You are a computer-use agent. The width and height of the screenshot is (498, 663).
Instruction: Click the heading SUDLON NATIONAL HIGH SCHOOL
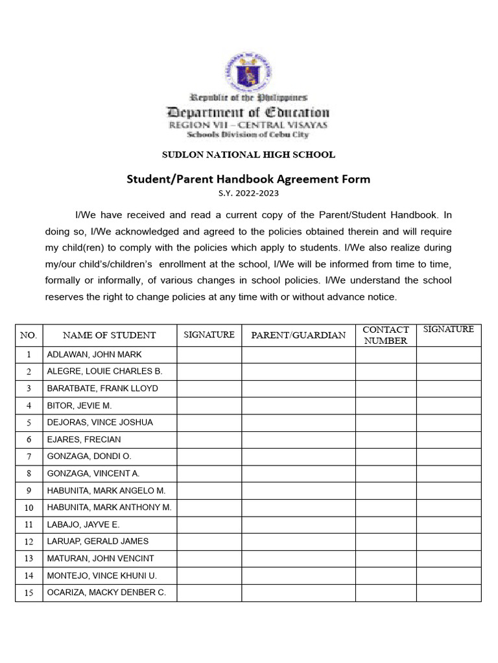point(248,155)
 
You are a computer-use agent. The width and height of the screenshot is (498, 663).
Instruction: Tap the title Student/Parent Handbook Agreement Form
point(248,179)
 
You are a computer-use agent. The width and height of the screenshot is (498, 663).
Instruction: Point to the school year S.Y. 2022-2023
point(248,193)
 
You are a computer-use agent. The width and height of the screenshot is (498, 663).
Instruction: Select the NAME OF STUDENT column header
point(109,335)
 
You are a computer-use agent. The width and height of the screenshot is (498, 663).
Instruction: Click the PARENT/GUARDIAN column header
point(298,335)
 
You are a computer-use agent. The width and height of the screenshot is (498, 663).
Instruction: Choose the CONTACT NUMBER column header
point(385,335)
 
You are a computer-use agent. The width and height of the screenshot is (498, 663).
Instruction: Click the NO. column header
point(29,335)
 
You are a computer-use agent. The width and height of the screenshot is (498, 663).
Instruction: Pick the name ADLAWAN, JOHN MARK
point(94,355)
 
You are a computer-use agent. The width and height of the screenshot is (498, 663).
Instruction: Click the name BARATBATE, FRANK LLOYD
point(102,388)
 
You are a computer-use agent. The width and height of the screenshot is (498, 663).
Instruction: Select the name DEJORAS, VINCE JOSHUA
point(100,422)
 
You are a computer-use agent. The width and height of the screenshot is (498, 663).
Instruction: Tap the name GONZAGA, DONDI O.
point(89,456)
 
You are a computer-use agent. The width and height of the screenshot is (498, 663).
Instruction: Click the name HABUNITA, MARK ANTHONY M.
point(109,508)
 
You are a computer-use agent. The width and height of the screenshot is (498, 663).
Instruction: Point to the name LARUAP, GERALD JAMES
point(98,541)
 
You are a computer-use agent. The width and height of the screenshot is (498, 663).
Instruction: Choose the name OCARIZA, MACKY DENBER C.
point(106,592)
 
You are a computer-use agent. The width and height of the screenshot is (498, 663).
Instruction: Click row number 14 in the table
point(29,576)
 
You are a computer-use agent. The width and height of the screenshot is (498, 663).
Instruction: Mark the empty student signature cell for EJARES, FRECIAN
point(209,440)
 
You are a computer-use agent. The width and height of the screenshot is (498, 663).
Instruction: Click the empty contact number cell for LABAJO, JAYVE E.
point(385,524)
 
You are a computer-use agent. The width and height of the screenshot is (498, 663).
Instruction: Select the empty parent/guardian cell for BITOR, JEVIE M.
point(298,405)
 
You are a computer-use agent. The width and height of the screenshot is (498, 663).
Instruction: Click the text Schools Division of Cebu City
point(248,135)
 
